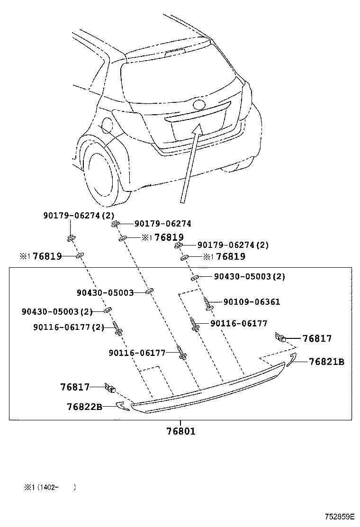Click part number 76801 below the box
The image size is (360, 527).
(180, 431)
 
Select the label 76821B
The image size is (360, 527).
(326, 362)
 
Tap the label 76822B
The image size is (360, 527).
(84, 407)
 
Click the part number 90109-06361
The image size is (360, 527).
(252, 302)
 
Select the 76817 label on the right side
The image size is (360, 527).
(317, 339)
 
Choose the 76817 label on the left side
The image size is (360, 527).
(75, 387)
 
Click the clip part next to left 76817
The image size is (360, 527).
(111, 389)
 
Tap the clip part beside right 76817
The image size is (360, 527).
(279, 337)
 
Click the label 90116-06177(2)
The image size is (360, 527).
(69, 327)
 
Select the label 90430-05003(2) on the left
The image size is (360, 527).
(57, 311)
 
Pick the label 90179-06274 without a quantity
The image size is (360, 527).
(162, 224)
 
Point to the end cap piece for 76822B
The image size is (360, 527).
(122, 406)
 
